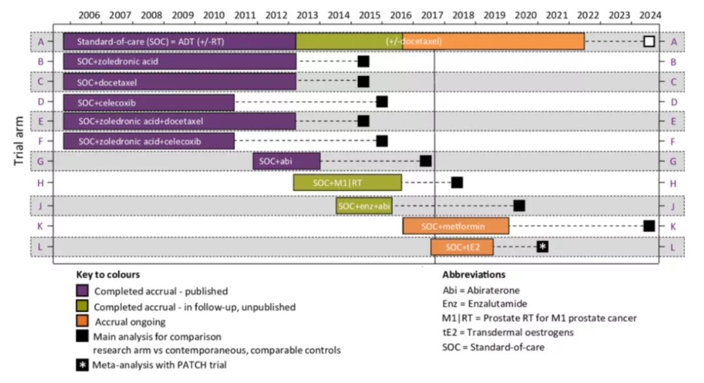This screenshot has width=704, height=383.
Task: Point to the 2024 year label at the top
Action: (x=649, y=15)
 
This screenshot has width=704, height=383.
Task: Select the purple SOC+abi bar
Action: (x=286, y=161)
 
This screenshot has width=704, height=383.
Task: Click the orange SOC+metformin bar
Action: (x=456, y=226)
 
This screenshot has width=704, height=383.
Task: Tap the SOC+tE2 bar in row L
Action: (x=462, y=247)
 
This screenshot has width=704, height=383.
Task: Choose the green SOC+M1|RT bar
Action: (x=347, y=182)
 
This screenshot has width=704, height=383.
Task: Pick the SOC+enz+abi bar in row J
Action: (x=364, y=206)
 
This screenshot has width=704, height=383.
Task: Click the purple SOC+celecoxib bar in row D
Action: (x=149, y=103)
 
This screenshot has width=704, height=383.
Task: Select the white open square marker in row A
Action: (x=649, y=42)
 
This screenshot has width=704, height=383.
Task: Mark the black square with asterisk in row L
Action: (x=542, y=246)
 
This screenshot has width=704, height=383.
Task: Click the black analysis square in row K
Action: (x=649, y=226)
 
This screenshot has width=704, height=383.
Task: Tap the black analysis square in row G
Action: (x=426, y=161)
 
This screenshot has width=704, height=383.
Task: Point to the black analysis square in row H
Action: (x=457, y=182)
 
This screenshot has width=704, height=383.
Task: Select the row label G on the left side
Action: (x=40, y=162)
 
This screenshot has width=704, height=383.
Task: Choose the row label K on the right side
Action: (x=673, y=226)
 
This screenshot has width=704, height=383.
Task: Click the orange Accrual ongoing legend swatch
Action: (x=82, y=322)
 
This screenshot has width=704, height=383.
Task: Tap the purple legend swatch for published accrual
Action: (x=82, y=291)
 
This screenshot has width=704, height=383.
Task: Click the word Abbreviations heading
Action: (x=473, y=275)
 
